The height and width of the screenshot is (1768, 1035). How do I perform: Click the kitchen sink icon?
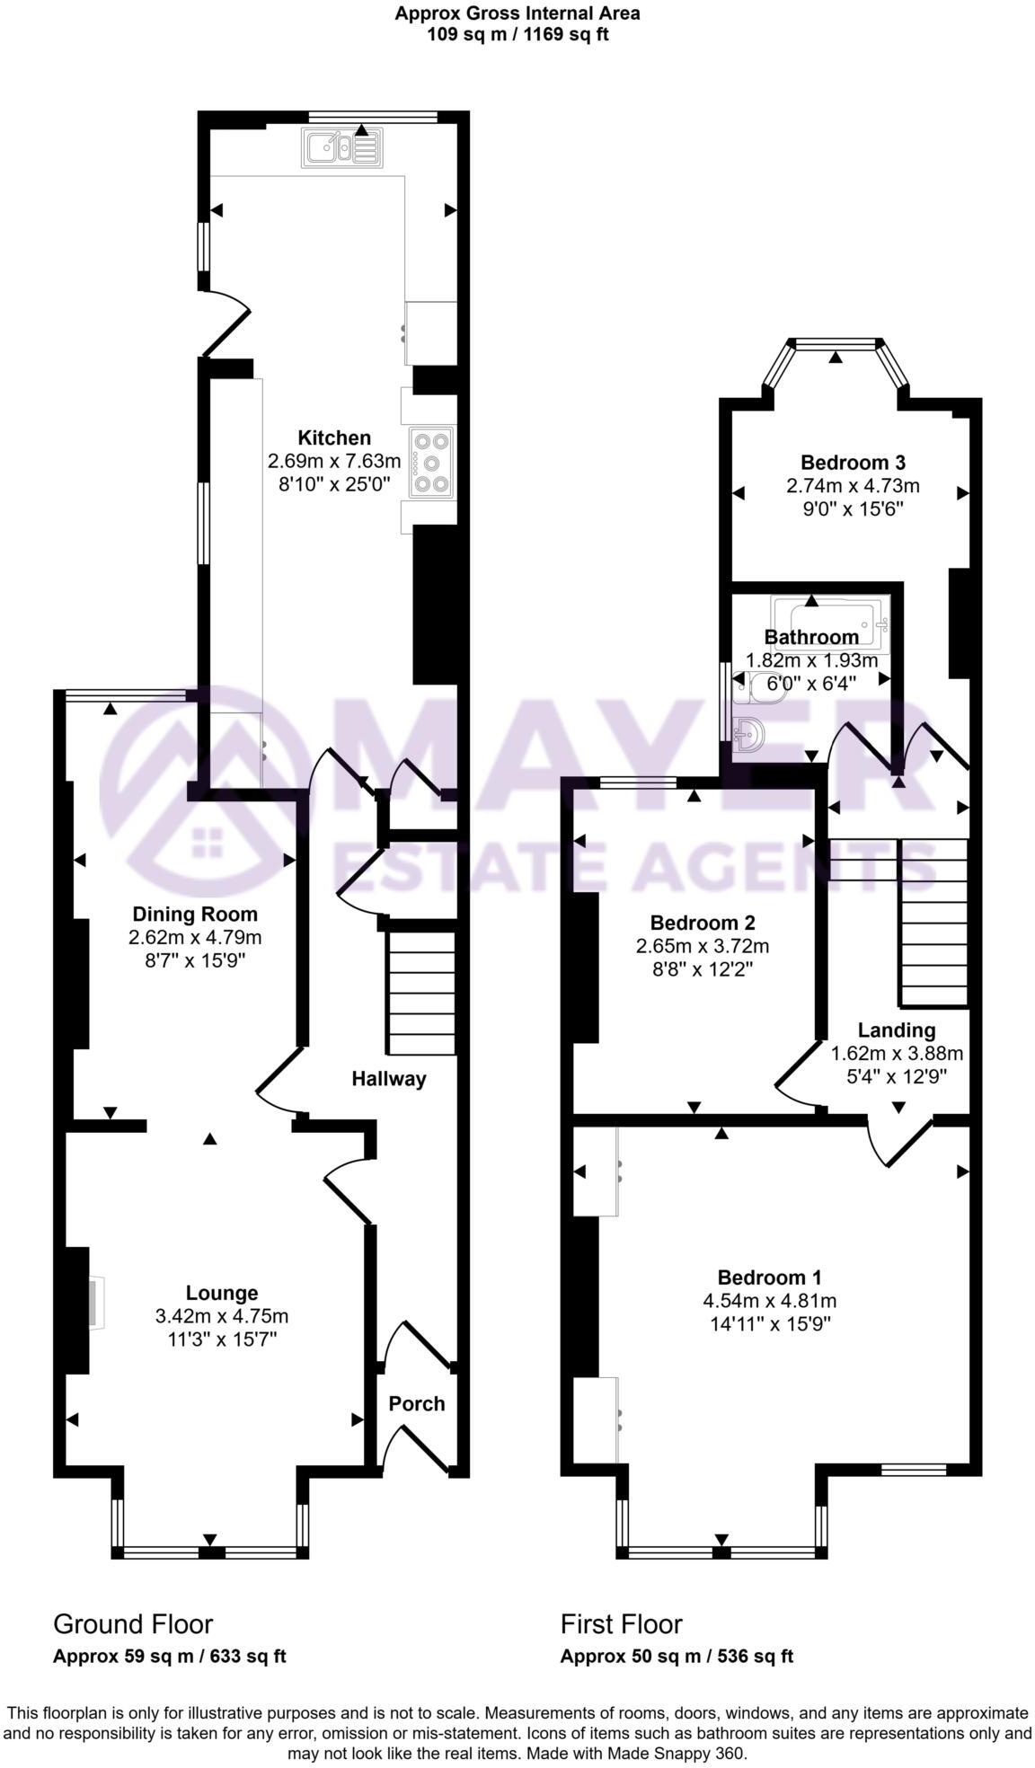pyautogui.click(x=342, y=148)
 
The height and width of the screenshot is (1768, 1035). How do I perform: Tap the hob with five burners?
pyautogui.click(x=432, y=463)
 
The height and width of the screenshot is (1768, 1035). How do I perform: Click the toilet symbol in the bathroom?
pyautogui.click(x=747, y=687)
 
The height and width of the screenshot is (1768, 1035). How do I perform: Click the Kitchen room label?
pyautogui.click(x=334, y=438)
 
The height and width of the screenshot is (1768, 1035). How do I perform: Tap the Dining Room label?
pyautogui.click(x=195, y=915)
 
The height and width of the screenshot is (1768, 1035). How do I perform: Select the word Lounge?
pyautogui.click(x=222, y=1293)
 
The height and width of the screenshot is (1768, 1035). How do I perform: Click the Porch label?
pyautogui.click(x=416, y=1403)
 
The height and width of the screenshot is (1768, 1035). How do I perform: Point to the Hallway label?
pyautogui.click(x=388, y=1079)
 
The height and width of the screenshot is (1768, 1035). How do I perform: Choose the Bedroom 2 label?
pyautogui.click(x=702, y=923)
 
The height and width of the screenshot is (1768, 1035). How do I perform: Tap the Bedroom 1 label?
pyautogui.click(x=769, y=1277)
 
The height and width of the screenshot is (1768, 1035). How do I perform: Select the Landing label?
pyautogui.click(x=896, y=1030)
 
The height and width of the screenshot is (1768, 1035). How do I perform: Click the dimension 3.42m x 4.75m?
pyautogui.click(x=222, y=1316)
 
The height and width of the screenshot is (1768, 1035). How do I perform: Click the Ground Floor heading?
pyautogui.click(x=133, y=1624)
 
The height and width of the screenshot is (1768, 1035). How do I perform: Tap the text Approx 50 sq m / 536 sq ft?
pyautogui.click(x=677, y=1657)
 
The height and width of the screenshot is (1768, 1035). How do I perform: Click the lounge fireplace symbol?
pyautogui.click(x=95, y=1303)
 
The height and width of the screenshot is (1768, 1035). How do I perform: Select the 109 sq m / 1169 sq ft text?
pyautogui.click(x=517, y=34)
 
